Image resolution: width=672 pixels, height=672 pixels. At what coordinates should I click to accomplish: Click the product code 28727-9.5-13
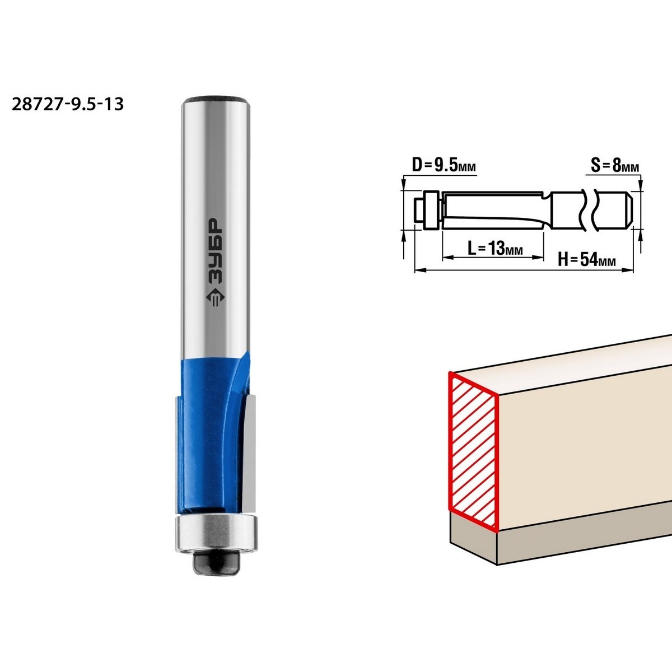coord(68,104)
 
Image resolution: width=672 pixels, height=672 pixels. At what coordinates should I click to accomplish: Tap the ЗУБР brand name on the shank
coord(216,250)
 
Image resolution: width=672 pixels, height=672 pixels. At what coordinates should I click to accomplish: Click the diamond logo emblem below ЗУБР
coord(216,297)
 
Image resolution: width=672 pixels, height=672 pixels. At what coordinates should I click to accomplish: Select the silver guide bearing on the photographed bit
coord(216,534)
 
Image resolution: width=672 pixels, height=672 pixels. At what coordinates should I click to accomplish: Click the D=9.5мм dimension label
coord(444,166)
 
